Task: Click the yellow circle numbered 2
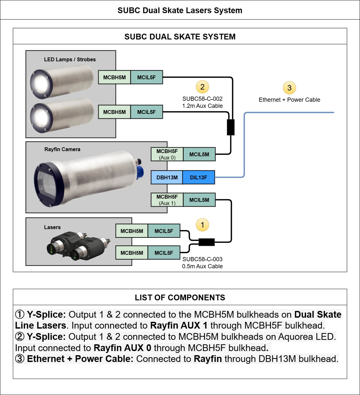[202, 87]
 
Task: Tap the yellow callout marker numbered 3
[289, 88]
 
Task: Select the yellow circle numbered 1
[202, 225]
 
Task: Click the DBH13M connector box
[167, 177]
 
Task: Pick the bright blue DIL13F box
[198, 177]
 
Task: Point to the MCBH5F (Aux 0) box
[167, 154]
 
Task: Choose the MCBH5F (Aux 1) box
[167, 200]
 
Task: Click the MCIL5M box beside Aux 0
[199, 154]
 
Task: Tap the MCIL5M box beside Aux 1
[199, 200]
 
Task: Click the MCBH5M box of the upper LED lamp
[114, 77]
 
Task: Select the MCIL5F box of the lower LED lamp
[146, 112]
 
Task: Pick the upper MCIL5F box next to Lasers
[164, 231]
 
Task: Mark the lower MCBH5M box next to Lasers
[132, 253]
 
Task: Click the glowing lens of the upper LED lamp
[41, 83]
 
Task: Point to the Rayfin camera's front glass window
[46, 184]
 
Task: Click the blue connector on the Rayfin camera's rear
[140, 171]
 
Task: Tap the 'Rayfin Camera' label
[62, 149]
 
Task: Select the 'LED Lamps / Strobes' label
[70, 59]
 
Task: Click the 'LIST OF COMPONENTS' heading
[180, 297]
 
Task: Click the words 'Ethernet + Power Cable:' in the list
[80, 359]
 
